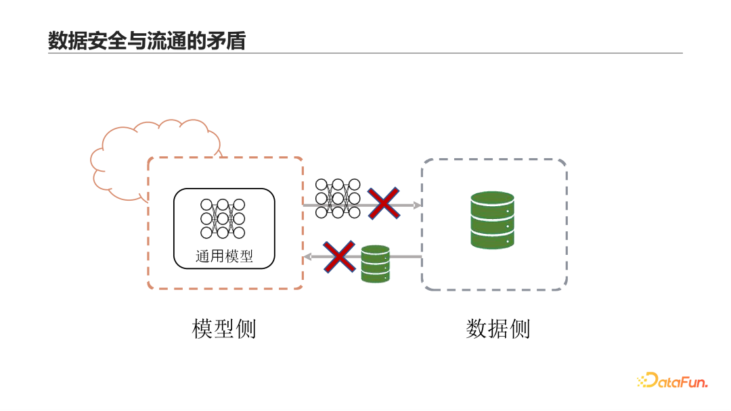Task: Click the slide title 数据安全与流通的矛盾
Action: pyautogui.click(x=146, y=41)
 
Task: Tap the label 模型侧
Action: pyautogui.click(x=224, y=329)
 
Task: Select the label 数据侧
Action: pyautogui.click(x=497, y=329)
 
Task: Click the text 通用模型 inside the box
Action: pyautogui.click(x=224, y=256)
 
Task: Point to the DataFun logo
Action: pyautogui.click(x=672, y=381)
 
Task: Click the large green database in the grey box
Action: pyautogui.click(x=492, y=220)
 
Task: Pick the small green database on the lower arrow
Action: pyautogui.click(x=375, y=264)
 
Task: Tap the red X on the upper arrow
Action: pyautogui.click(x=383, y=203)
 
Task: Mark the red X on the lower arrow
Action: pyautogui.click(x=339, y=257)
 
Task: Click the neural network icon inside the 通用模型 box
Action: pyautogui.click(x=223, y=218)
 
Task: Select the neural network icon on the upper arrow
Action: pyautogui.click(x=338, y=198)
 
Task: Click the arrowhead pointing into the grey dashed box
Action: pyautogui.click(x=417, y=204)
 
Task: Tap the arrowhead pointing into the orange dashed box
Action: pyautogui.click(x=307, y=257)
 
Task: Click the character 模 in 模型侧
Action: pyautogui.click(x=203, y=329)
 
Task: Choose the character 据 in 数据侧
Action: pyautogui.click(x=497, y=329)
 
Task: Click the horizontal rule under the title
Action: pyautogui.click(x=365, y=53)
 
